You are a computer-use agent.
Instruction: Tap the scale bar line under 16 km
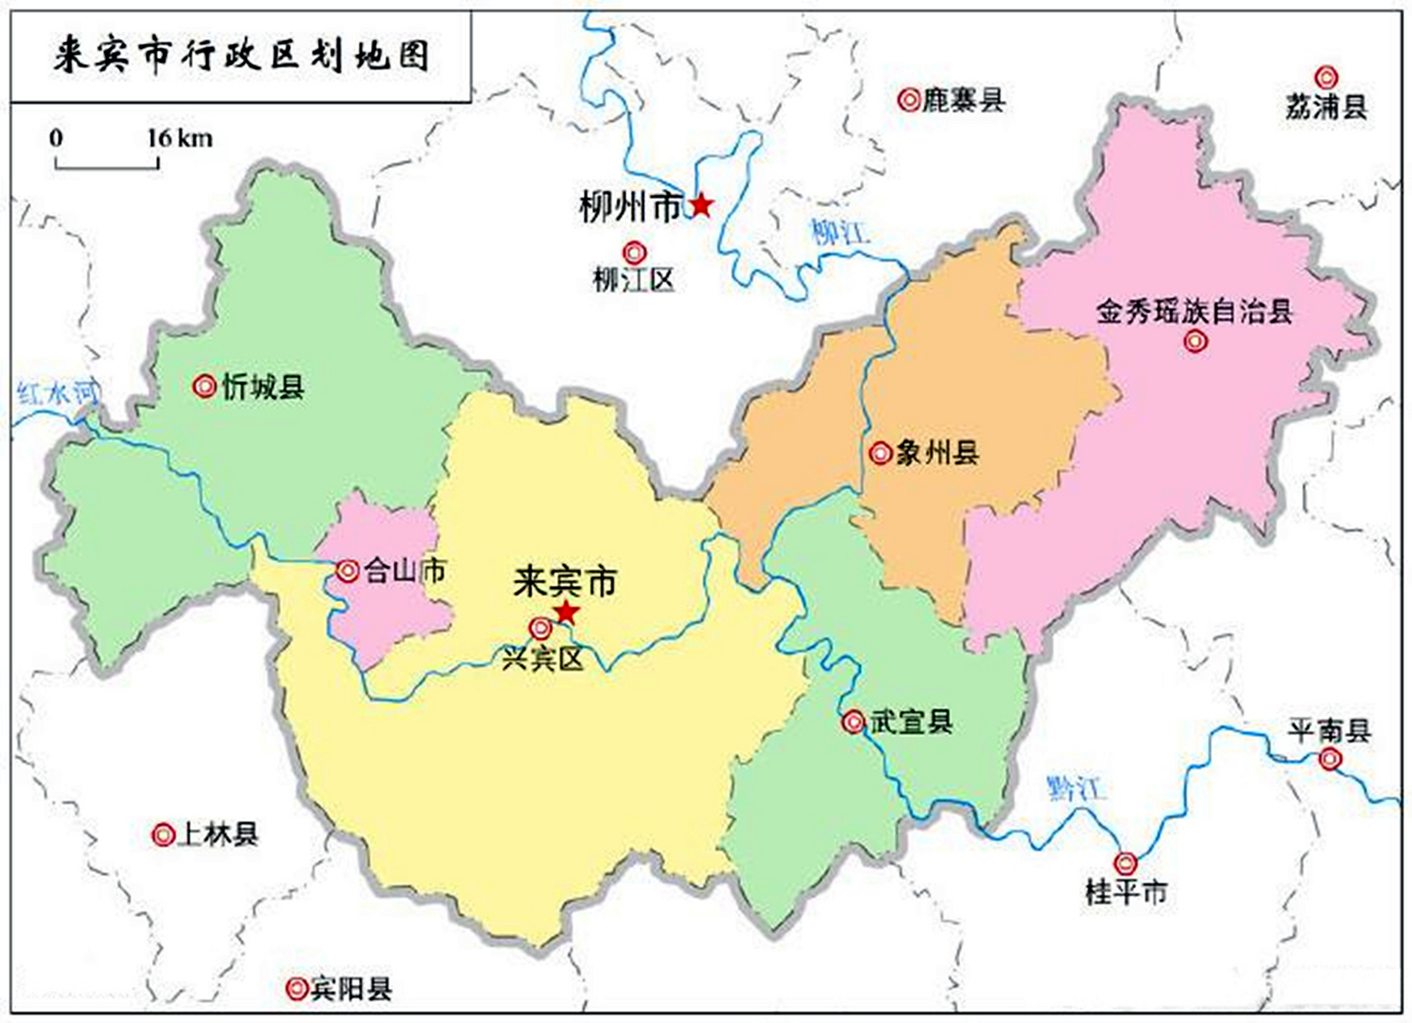(x=106, y=166)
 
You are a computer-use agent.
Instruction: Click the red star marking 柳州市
(x=701, y=205)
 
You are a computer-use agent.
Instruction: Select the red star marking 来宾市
(x=566, y=613)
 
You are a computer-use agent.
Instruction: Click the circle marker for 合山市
(x=347, y=571)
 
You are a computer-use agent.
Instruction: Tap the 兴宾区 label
(x=543, y=659)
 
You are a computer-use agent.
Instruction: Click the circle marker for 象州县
(x=880, y=453)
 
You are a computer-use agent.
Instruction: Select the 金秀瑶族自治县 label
(x=1194, y=312)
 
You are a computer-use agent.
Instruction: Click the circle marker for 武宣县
(x=853, y=722)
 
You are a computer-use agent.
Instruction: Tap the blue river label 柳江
(x=840, y=233)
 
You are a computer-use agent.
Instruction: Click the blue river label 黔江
(x=1076, y=789)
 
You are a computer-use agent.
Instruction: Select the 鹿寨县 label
(x=963, y=101)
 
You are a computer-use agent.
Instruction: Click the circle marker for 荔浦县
(x=1326, y=78)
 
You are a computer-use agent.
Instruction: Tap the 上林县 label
(x=217, y=835)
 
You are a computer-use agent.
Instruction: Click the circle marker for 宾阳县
(x=296, y=989)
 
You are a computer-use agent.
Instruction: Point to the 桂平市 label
(x=1126, y=892)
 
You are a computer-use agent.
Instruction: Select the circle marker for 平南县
(x=1330, y=759)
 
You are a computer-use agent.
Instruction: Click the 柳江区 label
(x=633, y=281)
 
